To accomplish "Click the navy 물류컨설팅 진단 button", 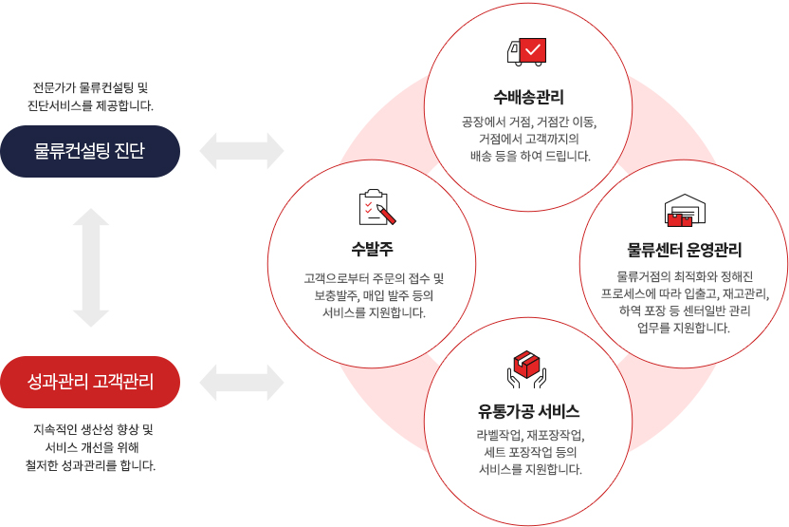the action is (x=90, y=151).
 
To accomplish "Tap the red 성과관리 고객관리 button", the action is (x=90, y=382).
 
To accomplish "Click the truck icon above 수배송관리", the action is (x=526, y=52).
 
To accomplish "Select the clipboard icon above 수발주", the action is (x=376, y=207).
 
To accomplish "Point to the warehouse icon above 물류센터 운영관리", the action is (x=685, y=210).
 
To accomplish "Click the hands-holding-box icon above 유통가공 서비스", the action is (x=526, y=369).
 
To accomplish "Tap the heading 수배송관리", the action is (x=528, y=97).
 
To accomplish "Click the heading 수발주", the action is (x=372, y=249).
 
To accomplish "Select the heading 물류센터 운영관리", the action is (x=685, y=250).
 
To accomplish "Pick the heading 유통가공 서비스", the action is (x=528, y=411).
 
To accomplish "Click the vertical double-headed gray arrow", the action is (x=91, y=268).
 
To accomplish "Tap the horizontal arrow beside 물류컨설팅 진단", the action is (x=242, y=151).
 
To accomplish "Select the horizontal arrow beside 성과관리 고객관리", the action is (x=242, y=383).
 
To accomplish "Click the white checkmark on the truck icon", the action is (x=533, y=50).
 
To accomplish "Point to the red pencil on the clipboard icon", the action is (x=386, y=215).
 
